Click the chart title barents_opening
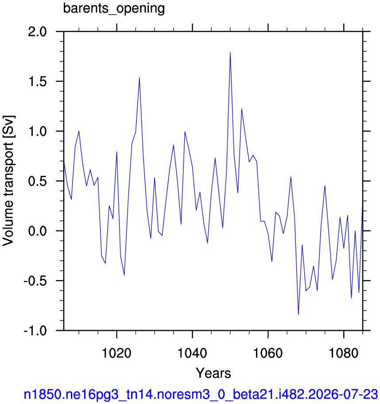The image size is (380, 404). [114, 8]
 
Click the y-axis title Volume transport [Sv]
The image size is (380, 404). [8, 181]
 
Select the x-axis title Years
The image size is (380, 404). [213, 373]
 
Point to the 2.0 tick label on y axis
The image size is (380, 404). [38, 32]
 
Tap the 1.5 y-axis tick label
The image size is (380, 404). [38, 82]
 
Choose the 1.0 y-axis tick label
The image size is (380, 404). [38, 132]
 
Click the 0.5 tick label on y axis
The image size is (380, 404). [38, 181]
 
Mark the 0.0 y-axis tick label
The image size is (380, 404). [38, 231]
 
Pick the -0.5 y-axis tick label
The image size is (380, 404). [35, 280]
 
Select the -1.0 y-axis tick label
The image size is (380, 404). [35, 330]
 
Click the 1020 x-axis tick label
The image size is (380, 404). [117, 353]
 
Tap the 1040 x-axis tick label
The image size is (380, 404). [193, 353]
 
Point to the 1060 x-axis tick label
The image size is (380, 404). [268, 353]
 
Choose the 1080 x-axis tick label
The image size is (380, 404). [344, 353]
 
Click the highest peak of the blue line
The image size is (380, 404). [230, 52]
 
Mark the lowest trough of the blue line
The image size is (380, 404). [299, 315]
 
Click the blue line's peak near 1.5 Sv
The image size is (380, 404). [140, 78]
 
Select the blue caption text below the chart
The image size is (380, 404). [201, 394]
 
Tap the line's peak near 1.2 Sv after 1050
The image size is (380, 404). [242, 109]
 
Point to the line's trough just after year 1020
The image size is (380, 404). [124, 275]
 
